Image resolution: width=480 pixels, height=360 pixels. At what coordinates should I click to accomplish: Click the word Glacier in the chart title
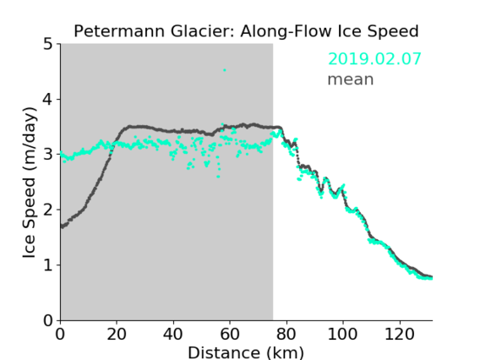click(203, 31)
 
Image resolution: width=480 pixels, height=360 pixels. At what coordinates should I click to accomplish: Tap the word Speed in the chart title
click(393, 32)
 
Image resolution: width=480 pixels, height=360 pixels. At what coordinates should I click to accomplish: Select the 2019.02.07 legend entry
click(374, 59)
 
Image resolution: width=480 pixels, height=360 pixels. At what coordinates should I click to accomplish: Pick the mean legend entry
click(351, 79)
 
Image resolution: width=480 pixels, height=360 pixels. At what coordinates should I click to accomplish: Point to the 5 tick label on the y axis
click(48, 44)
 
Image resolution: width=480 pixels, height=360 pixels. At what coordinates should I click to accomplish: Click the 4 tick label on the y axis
click(48, 99)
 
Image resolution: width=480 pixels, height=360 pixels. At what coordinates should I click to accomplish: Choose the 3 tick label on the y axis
click(48, 155)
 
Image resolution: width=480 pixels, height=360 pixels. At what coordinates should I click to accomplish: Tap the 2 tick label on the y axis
click(48, 210)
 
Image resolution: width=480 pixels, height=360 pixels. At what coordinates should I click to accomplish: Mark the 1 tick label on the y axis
click(48, 265)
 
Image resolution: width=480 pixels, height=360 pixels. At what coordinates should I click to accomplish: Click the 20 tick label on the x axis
click(117, 334)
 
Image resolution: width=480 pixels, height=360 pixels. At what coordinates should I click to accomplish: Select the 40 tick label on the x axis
click(173, 334)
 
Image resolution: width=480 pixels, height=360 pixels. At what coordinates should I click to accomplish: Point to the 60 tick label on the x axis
click(230, 334)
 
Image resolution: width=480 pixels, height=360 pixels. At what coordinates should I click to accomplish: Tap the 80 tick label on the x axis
click(286, 334)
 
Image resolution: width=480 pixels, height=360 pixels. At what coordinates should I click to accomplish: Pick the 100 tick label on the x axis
click(342, 334)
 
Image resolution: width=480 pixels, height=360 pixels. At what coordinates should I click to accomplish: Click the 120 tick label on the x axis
click(400, 334)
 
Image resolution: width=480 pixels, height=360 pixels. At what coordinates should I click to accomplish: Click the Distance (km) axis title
click(246, 352)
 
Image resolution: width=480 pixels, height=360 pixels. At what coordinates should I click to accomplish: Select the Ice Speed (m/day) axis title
click(30, 183)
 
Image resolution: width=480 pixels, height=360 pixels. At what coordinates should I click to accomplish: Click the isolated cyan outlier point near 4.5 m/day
click(225, 70)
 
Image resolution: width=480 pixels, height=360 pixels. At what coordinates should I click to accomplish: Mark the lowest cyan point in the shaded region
click(218, 177)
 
